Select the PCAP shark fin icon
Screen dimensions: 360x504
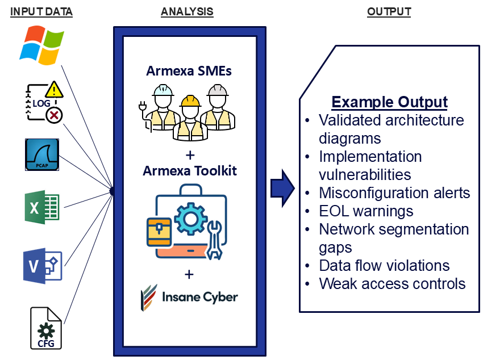(x=43, y=154)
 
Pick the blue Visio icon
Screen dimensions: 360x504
(x=43, y=265)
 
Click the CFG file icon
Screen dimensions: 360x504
(x=46, y=328)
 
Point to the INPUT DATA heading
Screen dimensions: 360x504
(x=41, y=11)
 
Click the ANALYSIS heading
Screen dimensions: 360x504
(x=187, y=11)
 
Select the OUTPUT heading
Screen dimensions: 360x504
(x=389, y=11)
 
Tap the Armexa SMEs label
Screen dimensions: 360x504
(x=189, y=72)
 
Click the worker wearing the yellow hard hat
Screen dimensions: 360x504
(x=189, y=116)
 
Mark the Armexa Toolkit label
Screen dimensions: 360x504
(x=189, y=170)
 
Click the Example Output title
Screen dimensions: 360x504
(x=389, y=102)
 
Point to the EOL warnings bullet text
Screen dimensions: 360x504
(x=366, y=211)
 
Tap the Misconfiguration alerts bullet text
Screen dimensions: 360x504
(x=394, y=193)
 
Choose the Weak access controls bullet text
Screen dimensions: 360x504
(x=392, y=283)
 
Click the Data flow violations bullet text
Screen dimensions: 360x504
(x=384, y=265)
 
